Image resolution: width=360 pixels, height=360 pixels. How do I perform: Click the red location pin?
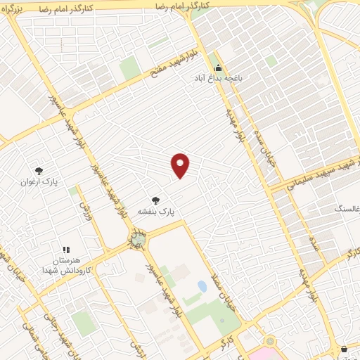pyautogui.click(x=181, y=165)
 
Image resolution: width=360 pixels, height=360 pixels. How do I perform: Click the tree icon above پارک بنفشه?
pyautogui.click(x=155, y=200)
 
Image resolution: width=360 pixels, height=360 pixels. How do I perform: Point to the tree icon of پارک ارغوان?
pyautogui.click(x=39, y=170)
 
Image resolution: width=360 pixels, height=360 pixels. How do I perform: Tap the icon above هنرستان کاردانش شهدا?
pyautogui.click(x=67, y=249)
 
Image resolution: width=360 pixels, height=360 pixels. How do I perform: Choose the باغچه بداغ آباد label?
pyautogui.click(x=218, y=79)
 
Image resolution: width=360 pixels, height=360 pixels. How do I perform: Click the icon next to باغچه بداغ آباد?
pyautogui.click(x=218, y=68)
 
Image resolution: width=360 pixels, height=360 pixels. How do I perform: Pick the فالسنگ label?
pyautogui.click(x=348, y=209)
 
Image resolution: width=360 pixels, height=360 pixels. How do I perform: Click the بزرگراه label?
pyautogui.click(x=18, y=12)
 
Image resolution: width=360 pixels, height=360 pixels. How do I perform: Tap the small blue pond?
pyautogui.click(x=202, y=287)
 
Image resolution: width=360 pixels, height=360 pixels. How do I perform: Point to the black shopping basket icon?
pyautogui.click(x=344, y=349)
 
